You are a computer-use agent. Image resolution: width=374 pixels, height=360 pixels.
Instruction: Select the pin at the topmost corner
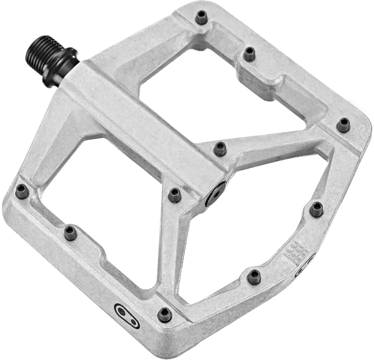(201, 18)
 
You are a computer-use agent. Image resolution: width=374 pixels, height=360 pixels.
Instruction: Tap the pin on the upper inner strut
(220, 148)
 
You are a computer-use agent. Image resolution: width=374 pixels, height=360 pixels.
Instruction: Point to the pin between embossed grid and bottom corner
(254, 276)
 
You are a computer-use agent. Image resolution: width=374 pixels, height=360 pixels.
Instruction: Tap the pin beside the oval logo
(165, 314)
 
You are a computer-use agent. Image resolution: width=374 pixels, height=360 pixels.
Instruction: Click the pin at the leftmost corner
(22, 191)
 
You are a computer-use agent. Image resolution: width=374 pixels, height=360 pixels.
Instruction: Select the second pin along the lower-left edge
(71, 232)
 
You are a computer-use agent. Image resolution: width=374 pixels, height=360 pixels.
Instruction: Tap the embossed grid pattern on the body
(295, 252)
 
